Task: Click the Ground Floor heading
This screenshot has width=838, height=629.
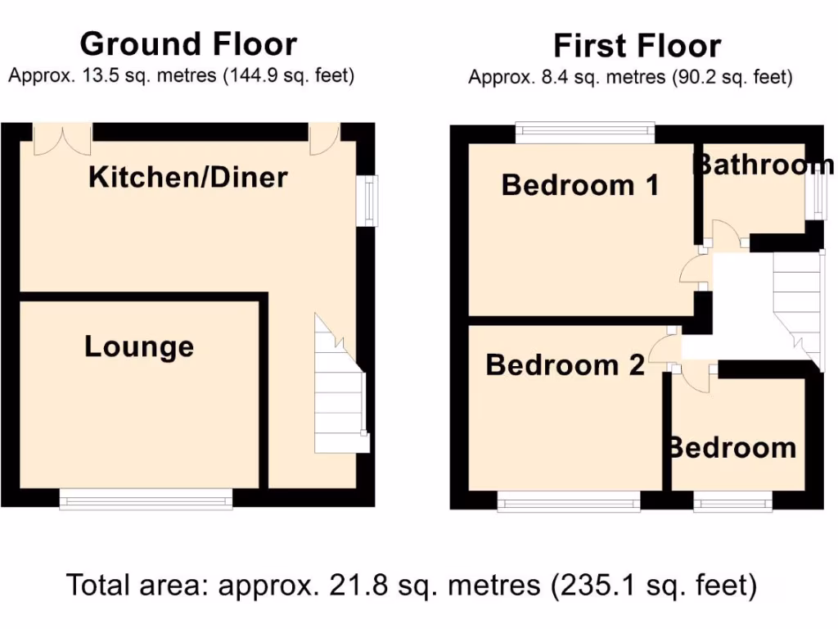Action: click(188, 43)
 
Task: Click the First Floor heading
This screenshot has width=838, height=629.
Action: click(637, 46)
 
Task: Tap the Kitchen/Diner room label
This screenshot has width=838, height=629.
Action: click(188, 177)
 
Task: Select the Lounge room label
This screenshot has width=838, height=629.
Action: click(139, 346)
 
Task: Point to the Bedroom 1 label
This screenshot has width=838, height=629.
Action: click(580, 185)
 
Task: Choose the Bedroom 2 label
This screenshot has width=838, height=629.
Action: click(565, 365)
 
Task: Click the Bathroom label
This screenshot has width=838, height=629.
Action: click(763, 165)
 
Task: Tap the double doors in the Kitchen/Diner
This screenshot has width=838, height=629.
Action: click(62, 139)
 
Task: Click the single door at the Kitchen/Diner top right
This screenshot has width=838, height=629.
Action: click(324, 138)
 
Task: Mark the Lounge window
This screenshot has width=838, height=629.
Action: click(146, 499)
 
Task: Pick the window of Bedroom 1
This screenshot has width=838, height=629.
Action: click(585, 133)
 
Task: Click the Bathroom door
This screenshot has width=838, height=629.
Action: click(724, 236)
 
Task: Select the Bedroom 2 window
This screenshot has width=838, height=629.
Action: click(569, 500)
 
